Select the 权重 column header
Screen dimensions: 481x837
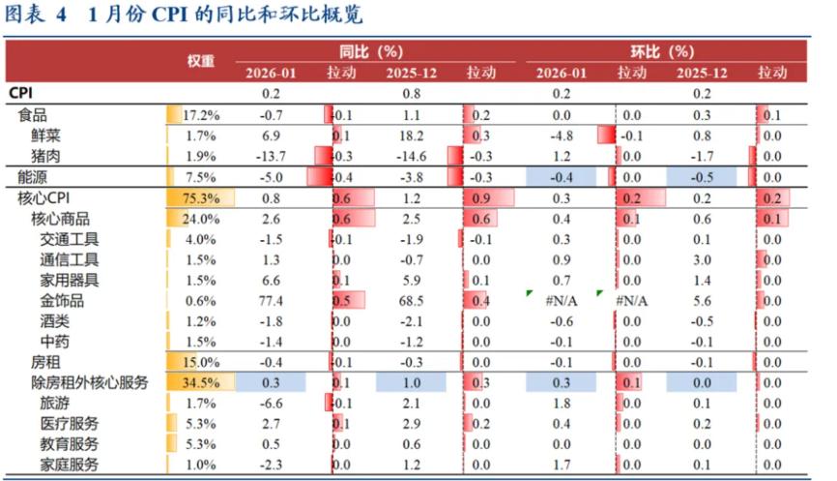[200, 61]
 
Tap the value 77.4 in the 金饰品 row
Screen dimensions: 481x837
[271, 300]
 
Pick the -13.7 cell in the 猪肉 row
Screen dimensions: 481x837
[271, 156]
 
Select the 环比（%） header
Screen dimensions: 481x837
[656, 50]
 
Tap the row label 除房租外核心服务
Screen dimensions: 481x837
[90, 382]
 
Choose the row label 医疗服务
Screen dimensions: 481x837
[70, 424]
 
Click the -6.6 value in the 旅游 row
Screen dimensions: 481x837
[271, 403]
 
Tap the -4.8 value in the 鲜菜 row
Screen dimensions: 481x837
[562, 135]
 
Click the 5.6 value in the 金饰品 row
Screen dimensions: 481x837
[702, 300]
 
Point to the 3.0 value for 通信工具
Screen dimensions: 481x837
[702, 259]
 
